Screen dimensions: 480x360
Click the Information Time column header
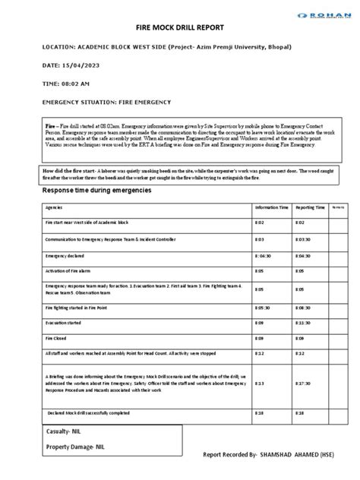272,207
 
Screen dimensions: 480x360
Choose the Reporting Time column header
310,207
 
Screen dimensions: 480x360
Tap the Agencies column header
54,207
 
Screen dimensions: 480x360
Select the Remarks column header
339,207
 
